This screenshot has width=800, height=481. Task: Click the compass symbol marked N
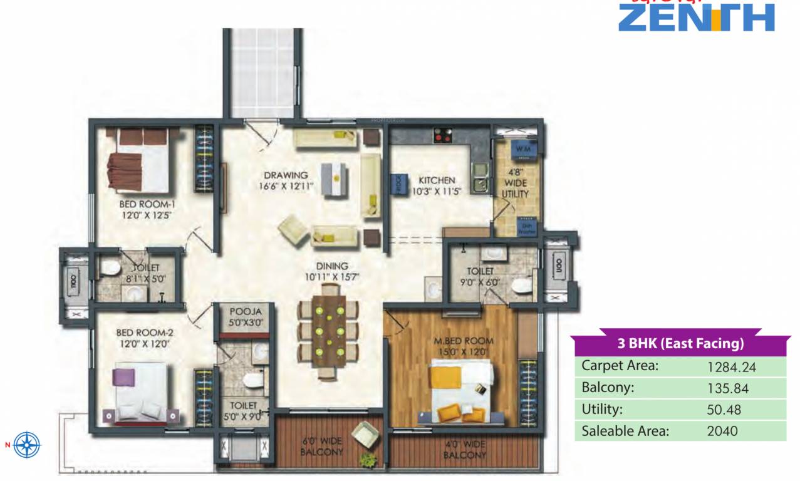(x=27, y=445)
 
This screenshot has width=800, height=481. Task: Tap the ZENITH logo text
(x=696, y=17)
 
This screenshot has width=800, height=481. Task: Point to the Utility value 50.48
(x=724, y=410)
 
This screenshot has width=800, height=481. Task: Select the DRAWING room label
(x=285, y=175)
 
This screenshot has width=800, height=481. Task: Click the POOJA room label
(x=245, y=311)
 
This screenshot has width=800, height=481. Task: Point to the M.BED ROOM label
(x=464, y=341)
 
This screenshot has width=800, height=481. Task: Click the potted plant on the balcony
(x=365, y=459)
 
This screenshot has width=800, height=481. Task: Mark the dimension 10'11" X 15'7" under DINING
(x=332, y=276)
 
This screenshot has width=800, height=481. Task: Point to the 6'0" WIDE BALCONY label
(x=321, y=445)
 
